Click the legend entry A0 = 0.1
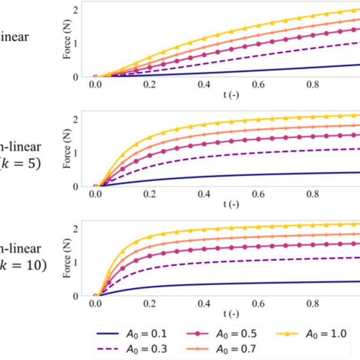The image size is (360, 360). coord(132,334)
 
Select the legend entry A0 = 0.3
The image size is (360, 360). coord(132,349)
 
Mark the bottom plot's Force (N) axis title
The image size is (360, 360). coord(67,260)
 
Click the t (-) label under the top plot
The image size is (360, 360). coord(230,95)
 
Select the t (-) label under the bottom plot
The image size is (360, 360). coord(230,314)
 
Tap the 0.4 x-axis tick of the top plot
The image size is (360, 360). coord(204,84)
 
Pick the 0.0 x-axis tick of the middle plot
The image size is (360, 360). coord(95,194)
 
